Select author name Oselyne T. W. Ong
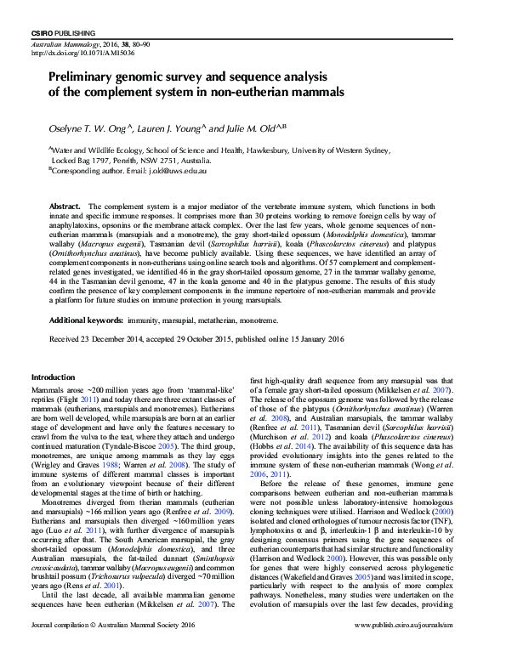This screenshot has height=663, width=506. [88, 128]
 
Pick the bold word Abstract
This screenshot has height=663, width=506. [65, 207]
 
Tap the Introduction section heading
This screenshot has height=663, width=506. [53, 377]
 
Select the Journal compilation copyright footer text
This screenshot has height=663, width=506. [111, 649]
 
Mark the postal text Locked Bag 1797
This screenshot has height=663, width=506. [89, 160]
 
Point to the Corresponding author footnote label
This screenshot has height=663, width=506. [88, 170]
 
